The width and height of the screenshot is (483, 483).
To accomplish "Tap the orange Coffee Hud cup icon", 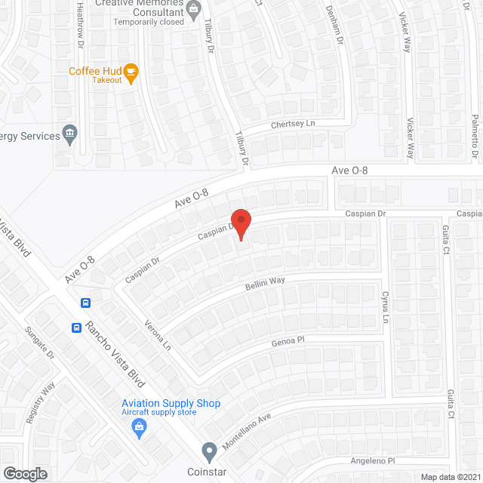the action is [x=131, y=72].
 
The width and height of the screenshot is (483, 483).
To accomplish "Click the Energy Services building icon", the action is [x=69, y=135].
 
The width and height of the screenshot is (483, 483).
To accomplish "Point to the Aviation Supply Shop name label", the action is [x=171, y=403].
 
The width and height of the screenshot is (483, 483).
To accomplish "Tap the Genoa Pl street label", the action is [x=288, y=340].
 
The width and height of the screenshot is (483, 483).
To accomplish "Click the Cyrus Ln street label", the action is [x=385, y=306].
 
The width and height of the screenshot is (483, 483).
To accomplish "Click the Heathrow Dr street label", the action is [x=80, y=25].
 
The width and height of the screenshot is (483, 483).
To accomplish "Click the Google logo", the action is [x=24, y=474].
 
